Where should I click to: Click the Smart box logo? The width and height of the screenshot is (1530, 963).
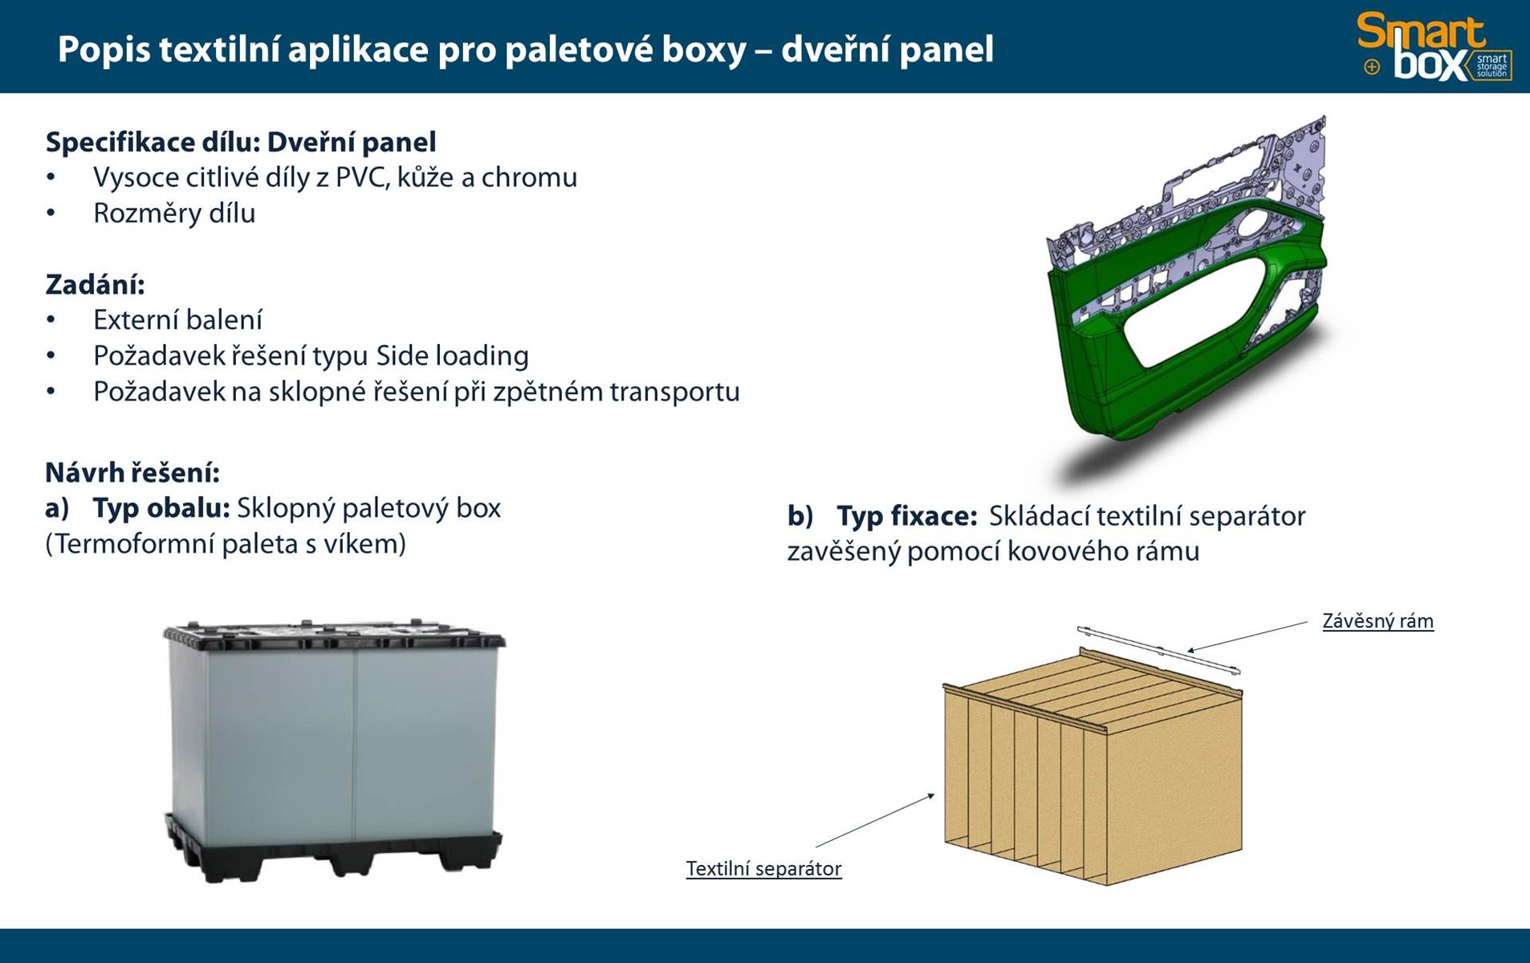(1434, 47)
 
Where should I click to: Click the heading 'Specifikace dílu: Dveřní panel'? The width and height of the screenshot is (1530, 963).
(241, 142)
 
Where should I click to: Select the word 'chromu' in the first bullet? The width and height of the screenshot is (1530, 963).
(529, 177)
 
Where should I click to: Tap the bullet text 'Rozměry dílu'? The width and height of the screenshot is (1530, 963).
(174, 213)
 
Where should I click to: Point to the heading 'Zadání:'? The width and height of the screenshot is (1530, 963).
(95, 285)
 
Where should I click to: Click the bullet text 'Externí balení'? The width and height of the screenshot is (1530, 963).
(177, 320)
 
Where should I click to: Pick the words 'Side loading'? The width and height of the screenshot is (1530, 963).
(452, 356)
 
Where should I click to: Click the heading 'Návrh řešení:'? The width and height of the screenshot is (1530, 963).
(132, 473)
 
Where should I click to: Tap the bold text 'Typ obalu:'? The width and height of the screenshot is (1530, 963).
(161, 508)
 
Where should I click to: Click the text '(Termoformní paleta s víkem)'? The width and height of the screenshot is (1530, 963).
(226, 544)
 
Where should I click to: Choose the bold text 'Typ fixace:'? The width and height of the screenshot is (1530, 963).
(906, 516)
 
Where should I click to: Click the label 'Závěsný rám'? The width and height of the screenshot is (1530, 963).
(1377, 621)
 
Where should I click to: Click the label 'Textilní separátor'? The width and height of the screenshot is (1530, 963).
(763, 868)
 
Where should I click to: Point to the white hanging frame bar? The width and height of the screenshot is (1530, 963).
(1159, 649)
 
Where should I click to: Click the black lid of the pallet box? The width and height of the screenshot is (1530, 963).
(334, 634)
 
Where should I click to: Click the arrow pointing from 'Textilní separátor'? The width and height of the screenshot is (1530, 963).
(875, 819)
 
